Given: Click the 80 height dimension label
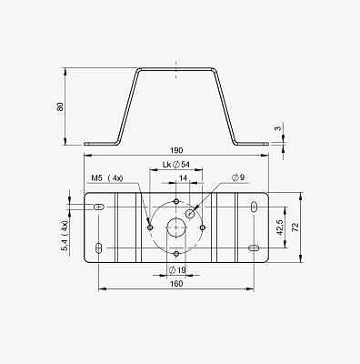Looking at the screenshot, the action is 60,106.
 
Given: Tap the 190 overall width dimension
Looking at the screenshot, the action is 176,150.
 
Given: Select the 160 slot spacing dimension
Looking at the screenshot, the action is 176,284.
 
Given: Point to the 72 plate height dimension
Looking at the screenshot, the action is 296,227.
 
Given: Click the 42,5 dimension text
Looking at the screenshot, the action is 280,227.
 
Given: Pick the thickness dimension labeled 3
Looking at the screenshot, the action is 278,128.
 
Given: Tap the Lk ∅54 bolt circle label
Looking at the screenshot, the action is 176,165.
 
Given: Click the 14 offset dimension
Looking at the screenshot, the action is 183,178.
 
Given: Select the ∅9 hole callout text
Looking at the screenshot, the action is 238,177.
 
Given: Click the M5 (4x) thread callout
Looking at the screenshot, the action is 107,178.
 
